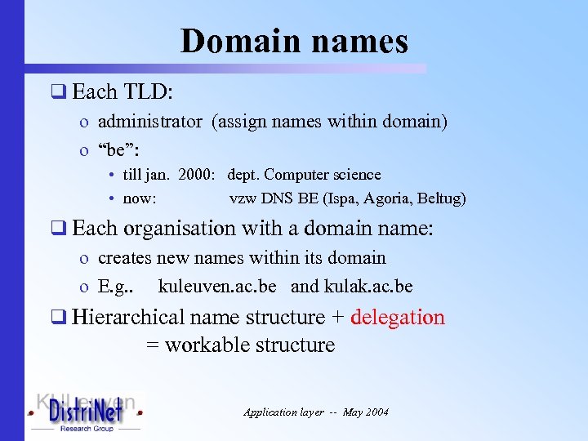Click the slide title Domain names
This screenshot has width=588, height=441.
point(294,41)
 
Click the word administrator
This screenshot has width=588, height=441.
point(149,122)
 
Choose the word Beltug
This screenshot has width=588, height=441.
point(439,198)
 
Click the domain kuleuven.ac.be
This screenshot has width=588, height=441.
point(217,287)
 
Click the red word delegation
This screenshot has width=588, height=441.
point(398,317)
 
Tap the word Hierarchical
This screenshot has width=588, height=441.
point(127,317)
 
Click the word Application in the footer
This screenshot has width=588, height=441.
point(271,412)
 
